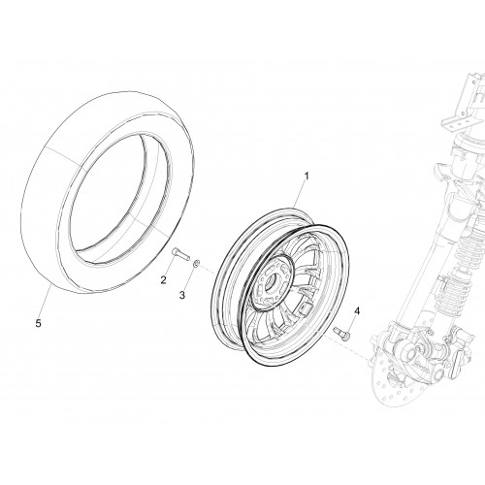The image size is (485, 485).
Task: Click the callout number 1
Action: pos(307,177)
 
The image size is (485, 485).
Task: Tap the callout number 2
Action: pos(164,280)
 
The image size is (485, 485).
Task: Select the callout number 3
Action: pos(182,295)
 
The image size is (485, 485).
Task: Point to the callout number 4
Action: pos(357,311)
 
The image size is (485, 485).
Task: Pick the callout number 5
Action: pos(39,323)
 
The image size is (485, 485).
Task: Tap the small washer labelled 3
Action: pos(196,264)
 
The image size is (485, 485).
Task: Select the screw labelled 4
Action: pos(339,333)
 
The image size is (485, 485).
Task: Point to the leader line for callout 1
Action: pos(299,195)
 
